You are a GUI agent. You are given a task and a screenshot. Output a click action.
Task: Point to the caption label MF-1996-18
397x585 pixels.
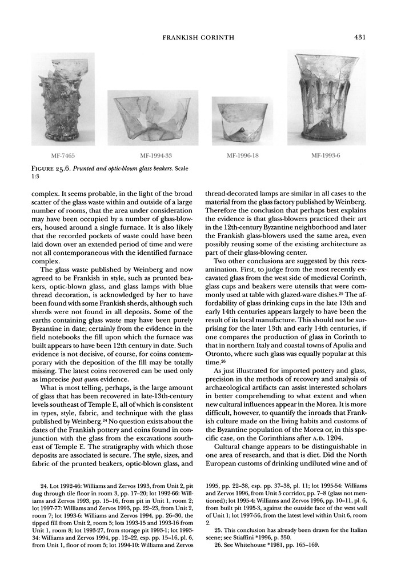pyautogui.click(x=243, y=155)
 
